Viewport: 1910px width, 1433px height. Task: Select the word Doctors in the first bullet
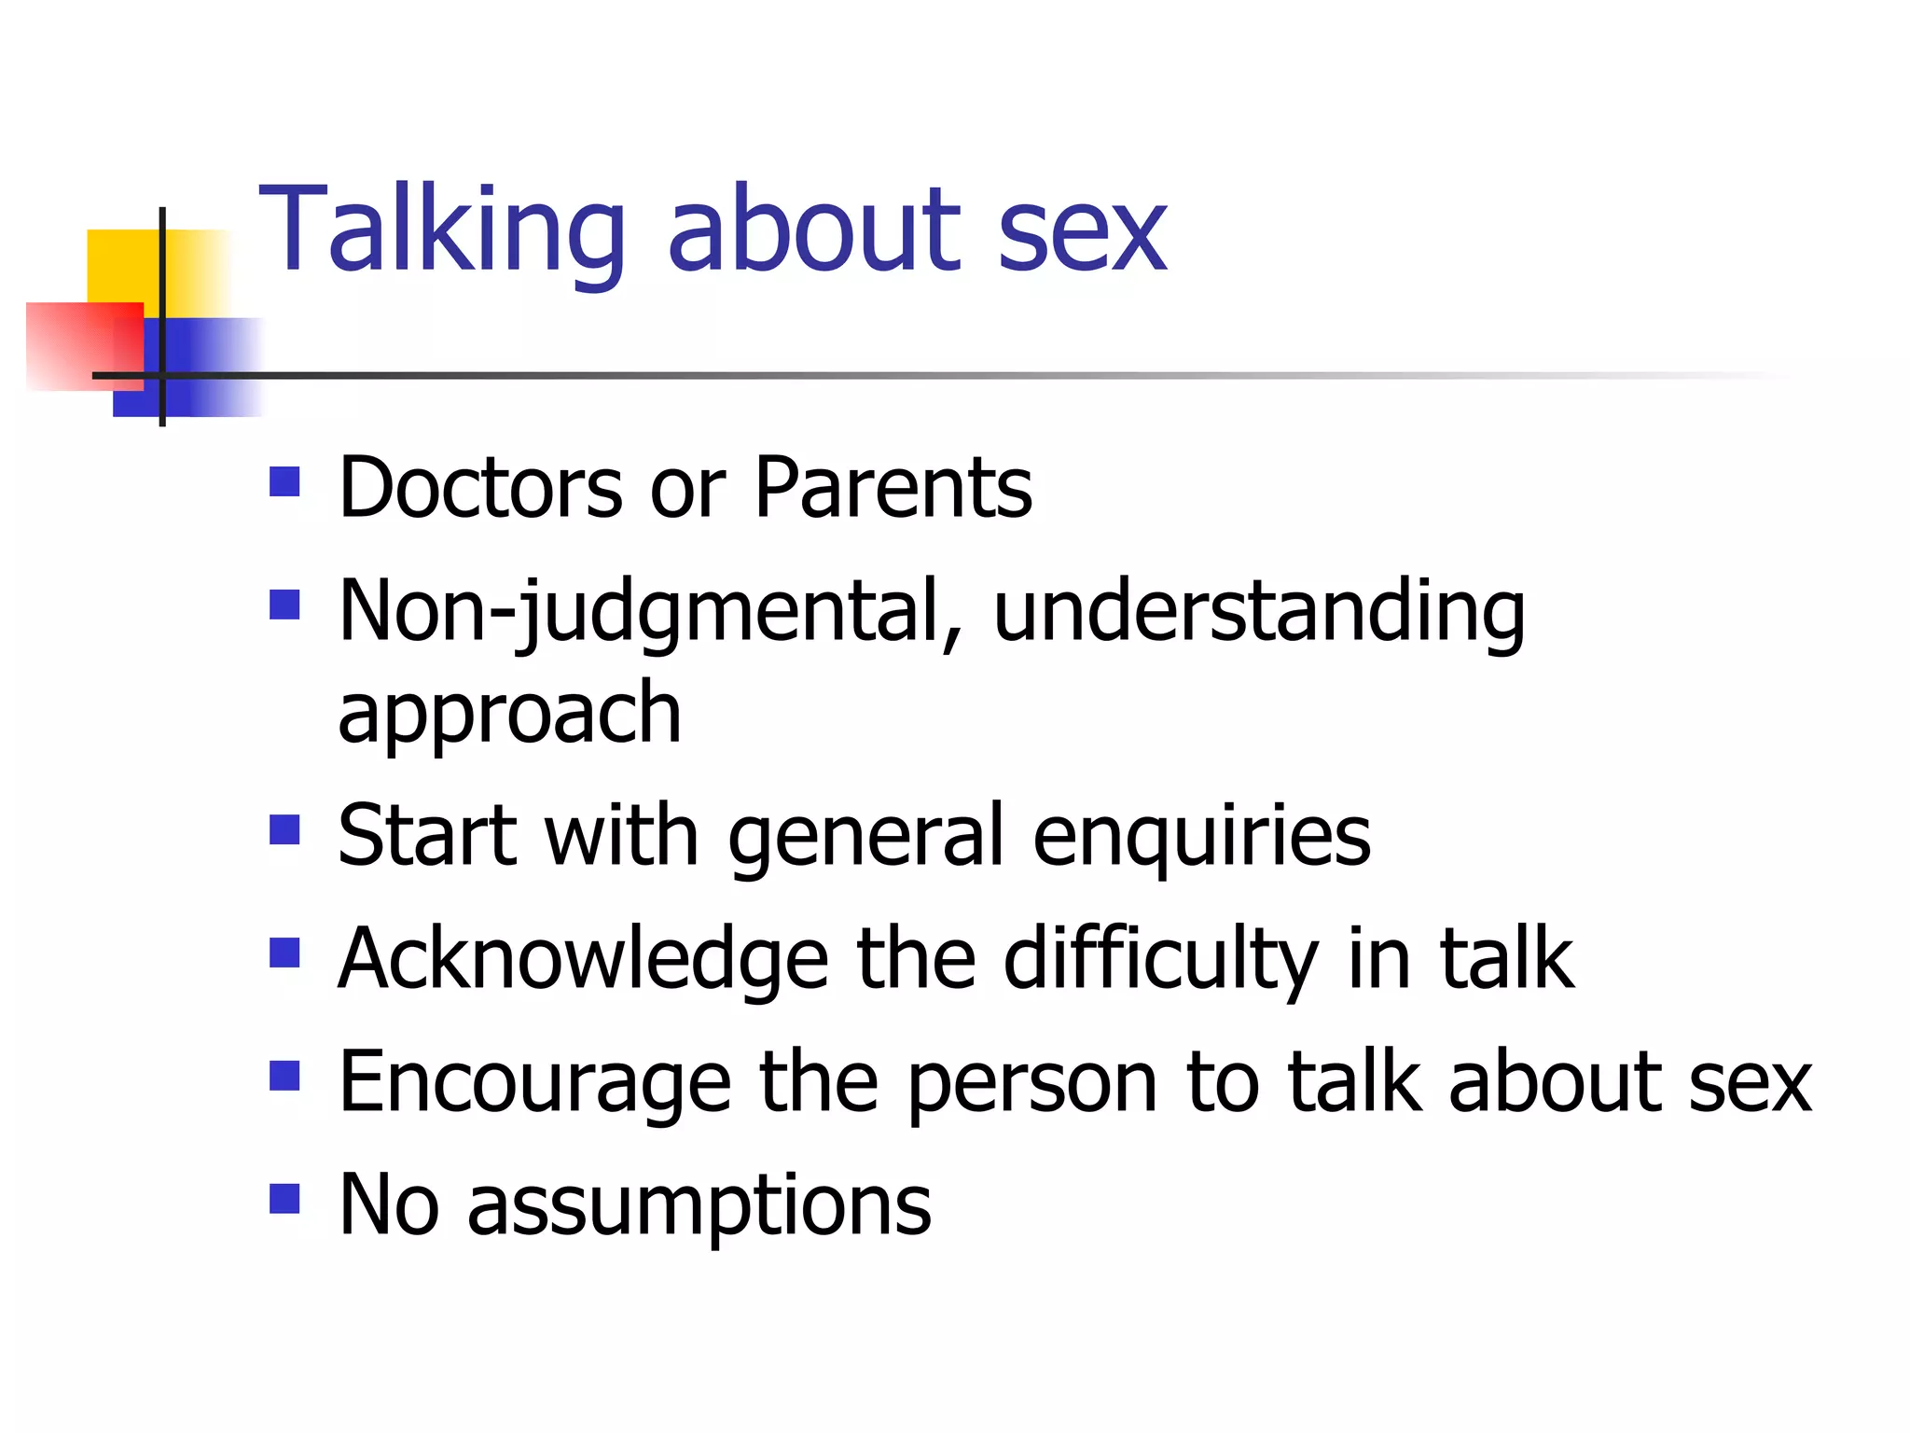tap(480, 488)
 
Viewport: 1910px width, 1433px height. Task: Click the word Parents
tap(893, 488)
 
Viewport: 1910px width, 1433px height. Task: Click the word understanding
tap(1259, 613)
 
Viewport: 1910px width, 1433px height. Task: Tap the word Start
tap(426, 835)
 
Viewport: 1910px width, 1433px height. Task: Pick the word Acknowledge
tap(583, 959)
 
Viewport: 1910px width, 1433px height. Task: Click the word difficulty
tap(1160, 959)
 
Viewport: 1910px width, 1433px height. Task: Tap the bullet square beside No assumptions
tap(284, 1198)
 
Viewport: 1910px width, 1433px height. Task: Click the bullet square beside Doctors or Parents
tap(284, 481)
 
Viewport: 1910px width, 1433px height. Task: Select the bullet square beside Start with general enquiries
tap(284, 829)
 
